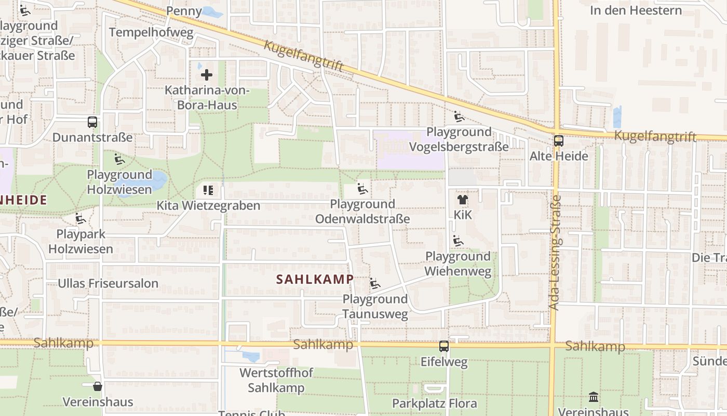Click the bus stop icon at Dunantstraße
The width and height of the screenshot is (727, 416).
coord(92,123)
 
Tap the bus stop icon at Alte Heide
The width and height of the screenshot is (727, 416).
coord(559,141)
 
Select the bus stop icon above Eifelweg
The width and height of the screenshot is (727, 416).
coord(444,346)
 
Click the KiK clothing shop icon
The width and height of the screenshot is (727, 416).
coord(462,200)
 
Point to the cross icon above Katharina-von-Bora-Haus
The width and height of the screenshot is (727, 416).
coord(207,75)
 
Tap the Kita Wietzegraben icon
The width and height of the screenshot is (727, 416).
coord(208,190)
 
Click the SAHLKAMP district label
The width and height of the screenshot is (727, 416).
coord(315,279)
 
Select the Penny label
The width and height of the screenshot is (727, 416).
coord(184,11)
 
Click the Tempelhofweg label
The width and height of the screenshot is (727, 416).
coord(151,33)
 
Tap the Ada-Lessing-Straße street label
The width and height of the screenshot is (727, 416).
coord(555,252)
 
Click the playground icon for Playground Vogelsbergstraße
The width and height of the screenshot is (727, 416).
coord(459,116)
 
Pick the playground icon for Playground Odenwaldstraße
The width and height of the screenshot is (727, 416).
coord(362,189)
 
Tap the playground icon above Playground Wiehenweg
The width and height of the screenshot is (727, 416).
coord(457,241)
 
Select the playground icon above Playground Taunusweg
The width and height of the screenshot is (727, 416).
coord(375,284)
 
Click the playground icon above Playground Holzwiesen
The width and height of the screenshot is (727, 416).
coord(119,159)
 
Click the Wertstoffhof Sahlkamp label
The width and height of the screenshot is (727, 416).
coord(276,380)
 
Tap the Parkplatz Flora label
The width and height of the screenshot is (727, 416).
coord(434,403)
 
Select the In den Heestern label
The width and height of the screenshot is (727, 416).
coord(636,10)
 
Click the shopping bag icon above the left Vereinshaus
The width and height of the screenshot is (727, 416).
coord(97,386)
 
